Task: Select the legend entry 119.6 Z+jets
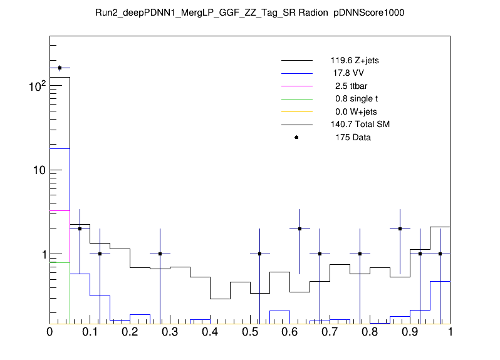click(355, 61)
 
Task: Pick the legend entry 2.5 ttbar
click(348, 86)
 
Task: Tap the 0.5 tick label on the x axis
click(250, 332)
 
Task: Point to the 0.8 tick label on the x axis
click(370, 332)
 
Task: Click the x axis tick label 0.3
click(170, 332)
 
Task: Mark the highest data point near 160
click(60, 68)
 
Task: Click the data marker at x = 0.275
click(160, 254)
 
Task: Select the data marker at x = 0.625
click(300, 229)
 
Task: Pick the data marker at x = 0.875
click(400, 229)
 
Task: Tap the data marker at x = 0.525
click(260, 254)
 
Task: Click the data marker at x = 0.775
click(360, 254)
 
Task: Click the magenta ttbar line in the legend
click(296, 86)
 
